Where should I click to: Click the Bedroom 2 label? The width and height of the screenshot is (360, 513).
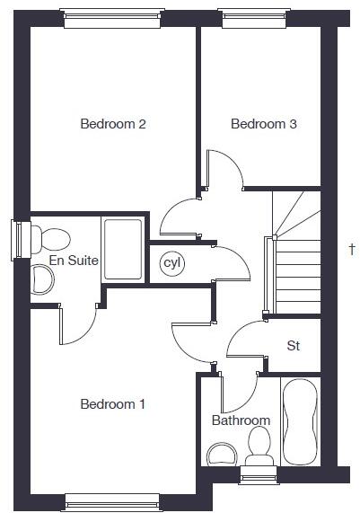[x=113, y=124]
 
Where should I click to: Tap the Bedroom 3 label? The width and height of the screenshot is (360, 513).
[x=263, y=124]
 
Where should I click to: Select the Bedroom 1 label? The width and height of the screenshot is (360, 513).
[x=113, y=404]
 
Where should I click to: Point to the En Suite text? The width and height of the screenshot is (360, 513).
[x=73, y=261]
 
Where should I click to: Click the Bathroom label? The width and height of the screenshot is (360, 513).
[x=241, y=420]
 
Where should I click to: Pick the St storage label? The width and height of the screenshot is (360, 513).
[x=293, y=345]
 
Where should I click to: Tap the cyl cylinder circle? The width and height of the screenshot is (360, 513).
[x=171, y=263]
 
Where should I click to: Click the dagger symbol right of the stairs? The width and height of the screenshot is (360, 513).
[x=351, y=249]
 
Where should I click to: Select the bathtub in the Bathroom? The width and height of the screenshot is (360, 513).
[x=299, y=420]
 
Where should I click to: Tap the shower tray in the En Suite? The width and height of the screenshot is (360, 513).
[x=122, y=249]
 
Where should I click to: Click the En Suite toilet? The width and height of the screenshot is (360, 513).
[x=52, y=239]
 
